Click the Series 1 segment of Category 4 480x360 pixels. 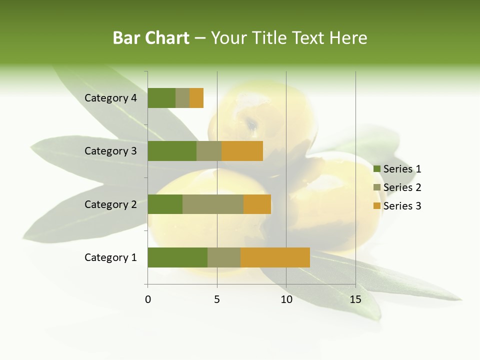(x=161, y=98)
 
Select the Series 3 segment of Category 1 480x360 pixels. (x=275, y=257)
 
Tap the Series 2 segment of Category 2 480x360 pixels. (x=213, y=204)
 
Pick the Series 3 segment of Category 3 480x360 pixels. (x=242, y=151)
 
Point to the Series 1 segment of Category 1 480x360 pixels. (x=177, y=257)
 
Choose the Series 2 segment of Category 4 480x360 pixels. (x=182, y=98)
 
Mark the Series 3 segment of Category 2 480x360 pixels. (x=257, y=204)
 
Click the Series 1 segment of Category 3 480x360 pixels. (x=172, y=151)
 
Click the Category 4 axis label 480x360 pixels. (x=110, y=98)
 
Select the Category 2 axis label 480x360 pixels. (x=110, y=204)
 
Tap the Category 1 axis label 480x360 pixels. (x=110, y=257)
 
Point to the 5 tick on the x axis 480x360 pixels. (x=217, y=299)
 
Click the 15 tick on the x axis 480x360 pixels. (x=355, y=299)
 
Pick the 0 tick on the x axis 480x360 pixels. (x=147, y=299)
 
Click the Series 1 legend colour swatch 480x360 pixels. (x=376, y=169)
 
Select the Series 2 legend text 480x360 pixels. (x=402, y=187)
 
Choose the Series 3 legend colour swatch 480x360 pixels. (x=376, y=206)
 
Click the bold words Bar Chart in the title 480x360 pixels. (x=151, y=38)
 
